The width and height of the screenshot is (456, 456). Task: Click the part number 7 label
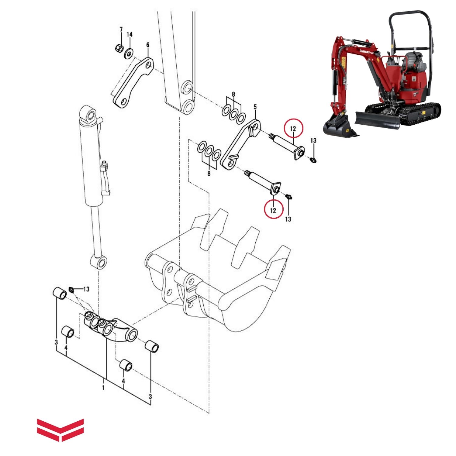[x=121, y=29]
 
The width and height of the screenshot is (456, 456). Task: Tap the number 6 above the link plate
[x=148, y=45]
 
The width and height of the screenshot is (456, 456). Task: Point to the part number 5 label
[x=255, y=107]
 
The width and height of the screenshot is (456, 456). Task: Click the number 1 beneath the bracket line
[x=103, y=388]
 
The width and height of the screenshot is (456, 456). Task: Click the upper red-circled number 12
[x=293, y=129]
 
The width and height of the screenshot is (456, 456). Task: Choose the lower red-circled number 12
[x=273, y=210]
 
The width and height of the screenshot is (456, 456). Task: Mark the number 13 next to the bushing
[x=86, y=289]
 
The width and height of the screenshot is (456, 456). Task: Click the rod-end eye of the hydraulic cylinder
[x=99, y=262]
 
